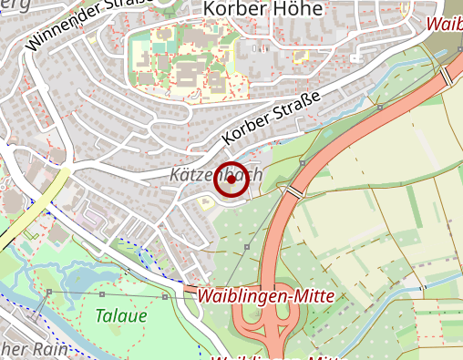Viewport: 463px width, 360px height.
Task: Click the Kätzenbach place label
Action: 215,174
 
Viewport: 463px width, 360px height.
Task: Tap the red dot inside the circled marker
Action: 231,181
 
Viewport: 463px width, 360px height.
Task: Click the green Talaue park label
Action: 119,317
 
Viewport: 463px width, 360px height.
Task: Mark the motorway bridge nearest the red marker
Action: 295,191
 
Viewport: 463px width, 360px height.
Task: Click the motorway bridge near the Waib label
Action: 448,77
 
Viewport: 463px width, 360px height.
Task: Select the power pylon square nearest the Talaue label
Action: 101,294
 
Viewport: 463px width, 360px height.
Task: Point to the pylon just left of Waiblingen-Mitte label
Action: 165,297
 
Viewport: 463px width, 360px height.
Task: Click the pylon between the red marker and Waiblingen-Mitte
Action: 247,247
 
